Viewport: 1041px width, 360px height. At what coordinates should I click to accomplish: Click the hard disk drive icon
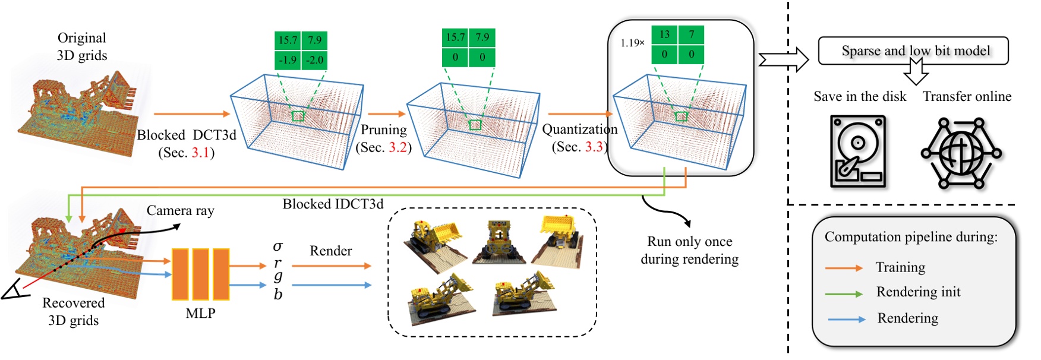coord(858,152)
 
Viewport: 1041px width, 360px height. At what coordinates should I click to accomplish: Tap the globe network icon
coord(961,153)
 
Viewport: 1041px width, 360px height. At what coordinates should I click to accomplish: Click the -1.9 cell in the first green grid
coord(288,60)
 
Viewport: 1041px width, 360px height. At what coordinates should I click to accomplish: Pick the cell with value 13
coord(664,34)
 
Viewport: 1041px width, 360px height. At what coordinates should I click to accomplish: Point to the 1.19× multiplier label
coord(632,43)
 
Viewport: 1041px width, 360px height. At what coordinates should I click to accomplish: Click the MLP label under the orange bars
coord(200,313)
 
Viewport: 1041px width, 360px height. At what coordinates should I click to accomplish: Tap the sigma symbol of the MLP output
coord(277,246)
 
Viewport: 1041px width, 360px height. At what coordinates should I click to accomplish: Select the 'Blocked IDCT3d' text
coord(333,204)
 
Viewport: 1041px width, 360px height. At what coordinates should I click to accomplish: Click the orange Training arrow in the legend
coord(843,268)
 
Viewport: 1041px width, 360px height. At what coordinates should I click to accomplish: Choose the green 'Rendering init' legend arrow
coord(843,293)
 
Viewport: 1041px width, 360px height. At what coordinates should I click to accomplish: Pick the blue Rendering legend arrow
coord(846,319)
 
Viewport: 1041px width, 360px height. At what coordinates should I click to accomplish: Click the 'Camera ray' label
coord(180,210)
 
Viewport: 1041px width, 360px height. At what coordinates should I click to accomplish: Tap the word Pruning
coord(384,130)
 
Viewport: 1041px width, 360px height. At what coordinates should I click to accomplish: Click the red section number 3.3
coord(594,147)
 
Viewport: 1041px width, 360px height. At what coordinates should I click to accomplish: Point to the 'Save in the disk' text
coord(859,96)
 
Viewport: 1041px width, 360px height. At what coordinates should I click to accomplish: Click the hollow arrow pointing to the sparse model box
coord(783,60)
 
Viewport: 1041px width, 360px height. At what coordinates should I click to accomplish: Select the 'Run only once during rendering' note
coord(689,250)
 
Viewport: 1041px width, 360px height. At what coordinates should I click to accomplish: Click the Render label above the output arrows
coord(330,251)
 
